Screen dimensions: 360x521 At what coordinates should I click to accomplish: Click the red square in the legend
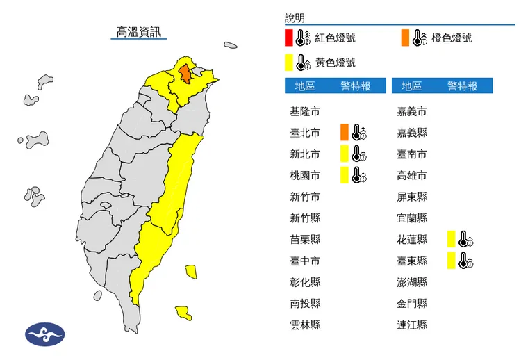pos(288,38)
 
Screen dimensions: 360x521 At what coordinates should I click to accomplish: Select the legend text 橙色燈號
pos(451,38)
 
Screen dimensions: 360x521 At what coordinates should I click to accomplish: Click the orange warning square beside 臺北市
pos(344,132)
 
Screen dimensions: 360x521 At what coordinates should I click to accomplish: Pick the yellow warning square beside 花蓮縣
pos(452,240)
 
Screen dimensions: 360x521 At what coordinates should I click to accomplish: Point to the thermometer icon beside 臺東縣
pos(465,261)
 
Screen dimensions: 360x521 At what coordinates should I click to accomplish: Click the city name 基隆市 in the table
pos(305,111)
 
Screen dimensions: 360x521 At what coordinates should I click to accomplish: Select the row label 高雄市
pos(411,175)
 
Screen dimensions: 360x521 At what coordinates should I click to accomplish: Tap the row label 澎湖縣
pos(411,282)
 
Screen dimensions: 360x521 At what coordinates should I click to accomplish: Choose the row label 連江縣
pos(411,325)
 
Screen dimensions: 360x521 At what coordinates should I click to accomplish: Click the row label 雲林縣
pos(305,325)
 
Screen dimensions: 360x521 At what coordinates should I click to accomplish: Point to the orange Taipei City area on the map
pos(185,73)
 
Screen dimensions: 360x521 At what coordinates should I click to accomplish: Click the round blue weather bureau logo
pos(44,334)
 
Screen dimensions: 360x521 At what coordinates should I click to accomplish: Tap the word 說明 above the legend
pos(295,18)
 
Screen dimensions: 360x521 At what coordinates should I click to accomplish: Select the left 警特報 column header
pos(354,86)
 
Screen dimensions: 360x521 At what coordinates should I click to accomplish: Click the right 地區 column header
pos(411,86)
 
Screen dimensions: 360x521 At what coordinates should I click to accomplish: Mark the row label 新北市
pos(305,154)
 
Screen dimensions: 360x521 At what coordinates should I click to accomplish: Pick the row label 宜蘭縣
pos(411,218)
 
